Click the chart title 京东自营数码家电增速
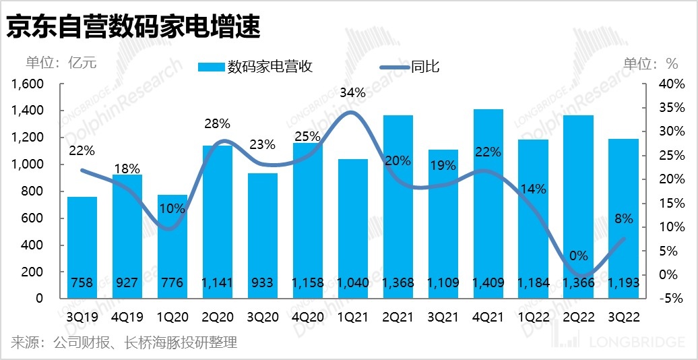[133, 28]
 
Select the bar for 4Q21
[488, 202]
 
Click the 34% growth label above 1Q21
[353, 92]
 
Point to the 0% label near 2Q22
[578, 256]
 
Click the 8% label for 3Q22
[624, 218]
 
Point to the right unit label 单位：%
[650, 63]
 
